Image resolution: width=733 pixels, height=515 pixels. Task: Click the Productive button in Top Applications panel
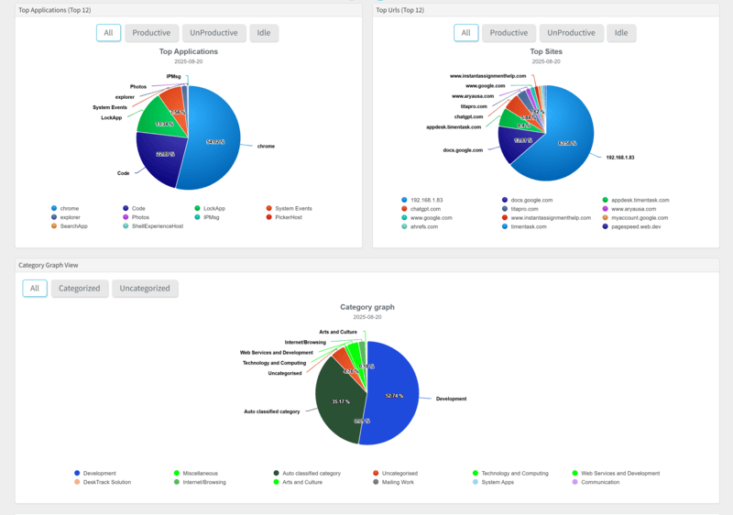point(151,33)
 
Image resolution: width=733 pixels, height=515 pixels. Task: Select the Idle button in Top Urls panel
point(621,33)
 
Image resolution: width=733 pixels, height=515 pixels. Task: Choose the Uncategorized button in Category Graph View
point(145,288)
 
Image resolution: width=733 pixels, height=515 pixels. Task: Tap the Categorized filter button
point(80,288)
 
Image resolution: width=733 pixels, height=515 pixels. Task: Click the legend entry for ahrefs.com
point(423,225)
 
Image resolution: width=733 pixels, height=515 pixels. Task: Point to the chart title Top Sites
point(546,52)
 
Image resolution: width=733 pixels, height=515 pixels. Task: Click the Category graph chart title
point(366,307)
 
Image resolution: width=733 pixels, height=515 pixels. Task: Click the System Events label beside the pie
point(110,107)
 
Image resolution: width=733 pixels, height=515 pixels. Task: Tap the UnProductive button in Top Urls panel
point(566,33)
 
